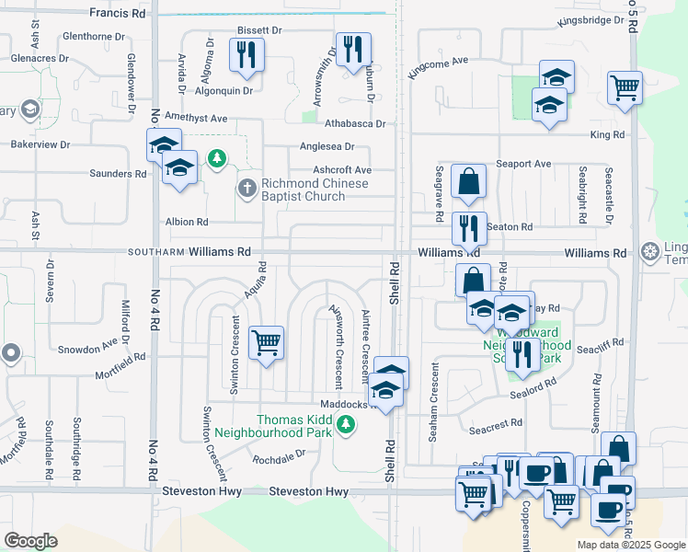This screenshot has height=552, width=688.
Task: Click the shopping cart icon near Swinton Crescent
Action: click(266, 342)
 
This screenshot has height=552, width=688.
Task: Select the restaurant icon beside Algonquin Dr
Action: click(246, 54)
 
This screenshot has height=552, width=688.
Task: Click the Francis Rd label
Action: click(118, 14)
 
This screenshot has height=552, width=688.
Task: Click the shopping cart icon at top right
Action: click(625, 88)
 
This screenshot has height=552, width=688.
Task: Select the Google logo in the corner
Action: click(31, 540)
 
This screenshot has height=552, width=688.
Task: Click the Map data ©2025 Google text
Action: click(630, 545)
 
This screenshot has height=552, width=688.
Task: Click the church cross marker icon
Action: click(246, 190)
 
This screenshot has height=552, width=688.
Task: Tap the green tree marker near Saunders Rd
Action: click(217, 160)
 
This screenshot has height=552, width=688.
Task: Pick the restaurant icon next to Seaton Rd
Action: click(469, 226)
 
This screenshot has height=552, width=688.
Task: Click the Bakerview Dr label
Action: click(40, 144)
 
